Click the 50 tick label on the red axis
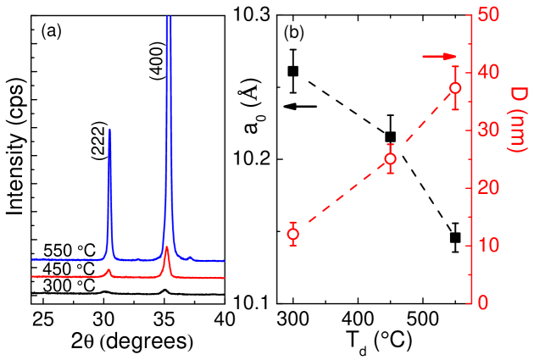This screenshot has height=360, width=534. click(488, 14)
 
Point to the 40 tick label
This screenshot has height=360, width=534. click(488, 72)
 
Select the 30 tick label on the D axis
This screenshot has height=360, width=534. click(488, 130)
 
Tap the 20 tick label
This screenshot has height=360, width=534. click(488, 187)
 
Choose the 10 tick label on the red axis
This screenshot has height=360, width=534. click(488, 246)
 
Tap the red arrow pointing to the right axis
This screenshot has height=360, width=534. click(440, 57)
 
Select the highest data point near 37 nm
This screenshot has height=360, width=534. click(455, 88)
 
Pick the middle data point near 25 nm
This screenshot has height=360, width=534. click(390, 158)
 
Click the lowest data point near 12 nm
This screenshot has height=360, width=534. click(293, 234)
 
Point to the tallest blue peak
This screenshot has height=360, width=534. click(169, 19)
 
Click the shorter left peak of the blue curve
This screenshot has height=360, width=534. click(109, 131)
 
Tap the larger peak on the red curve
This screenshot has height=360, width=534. click(167, 249)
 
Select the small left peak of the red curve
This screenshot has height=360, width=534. click(108, 271)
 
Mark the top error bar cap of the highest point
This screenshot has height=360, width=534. click(455, 66)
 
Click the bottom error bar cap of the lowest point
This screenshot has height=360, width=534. click(293, 245)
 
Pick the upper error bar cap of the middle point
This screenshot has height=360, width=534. click(390, 145)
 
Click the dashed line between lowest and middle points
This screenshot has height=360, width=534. click(342, 197)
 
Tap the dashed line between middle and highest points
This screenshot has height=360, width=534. click(423, 124)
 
